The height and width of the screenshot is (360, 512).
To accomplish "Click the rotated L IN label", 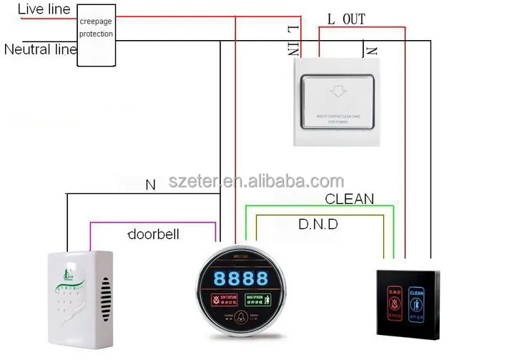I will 292,39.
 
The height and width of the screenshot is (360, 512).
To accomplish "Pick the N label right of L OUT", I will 371,50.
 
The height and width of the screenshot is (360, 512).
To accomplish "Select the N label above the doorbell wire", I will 150,185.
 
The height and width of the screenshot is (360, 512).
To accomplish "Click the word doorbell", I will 153,234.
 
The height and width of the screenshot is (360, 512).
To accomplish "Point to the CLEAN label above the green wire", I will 349,198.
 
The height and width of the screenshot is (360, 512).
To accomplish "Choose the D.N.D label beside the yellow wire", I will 317,224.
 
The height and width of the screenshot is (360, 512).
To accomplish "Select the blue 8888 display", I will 237,277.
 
